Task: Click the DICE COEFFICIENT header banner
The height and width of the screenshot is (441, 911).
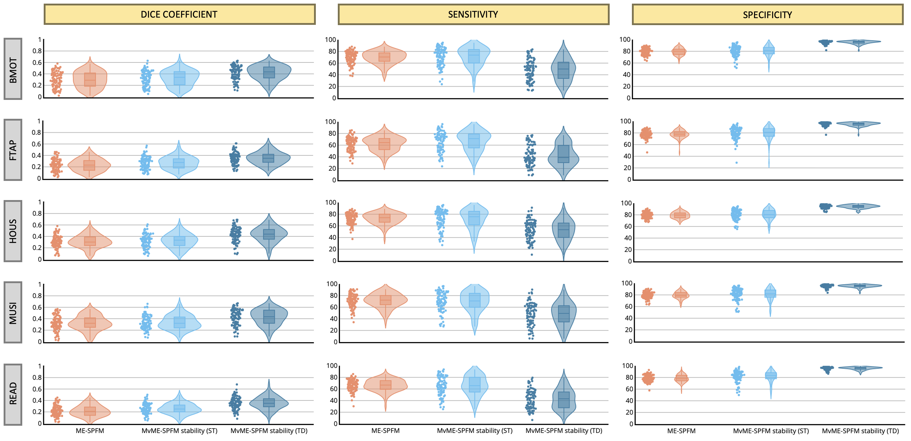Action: pyautogui.click(x=179, y=14)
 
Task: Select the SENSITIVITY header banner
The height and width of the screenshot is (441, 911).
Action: pyautogui.click(x=473, y=14)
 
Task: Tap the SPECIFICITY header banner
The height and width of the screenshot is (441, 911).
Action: pyautogui.click(x=767, y=15)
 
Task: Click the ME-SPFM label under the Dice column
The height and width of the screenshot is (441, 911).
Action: pyautogui.click(x=90, y=431)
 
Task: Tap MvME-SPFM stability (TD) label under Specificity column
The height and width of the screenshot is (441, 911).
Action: pyautogui.click(x=860, y=431)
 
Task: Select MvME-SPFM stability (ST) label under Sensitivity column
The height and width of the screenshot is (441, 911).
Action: pyautogui.click(x=475, y=431)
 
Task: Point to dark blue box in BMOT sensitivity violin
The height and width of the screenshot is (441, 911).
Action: pyautogui.click(x=563, y=70)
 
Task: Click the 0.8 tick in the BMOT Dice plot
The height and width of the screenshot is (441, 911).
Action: pyautogui.click(x=37, y=51)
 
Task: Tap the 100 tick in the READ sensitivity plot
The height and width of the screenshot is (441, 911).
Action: pyautogui.click(x=332, y=366)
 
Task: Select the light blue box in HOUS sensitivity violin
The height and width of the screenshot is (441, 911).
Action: pyautogui.click(x=474, y=218)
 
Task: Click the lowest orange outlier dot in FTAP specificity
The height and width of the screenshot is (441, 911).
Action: pyautogui.click(x=647, y=152)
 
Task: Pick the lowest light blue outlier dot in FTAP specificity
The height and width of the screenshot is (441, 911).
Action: pyautogui.click(x=737, y=163)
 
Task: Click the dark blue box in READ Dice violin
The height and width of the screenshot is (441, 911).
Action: pyautogui.click(x=269, y=403)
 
